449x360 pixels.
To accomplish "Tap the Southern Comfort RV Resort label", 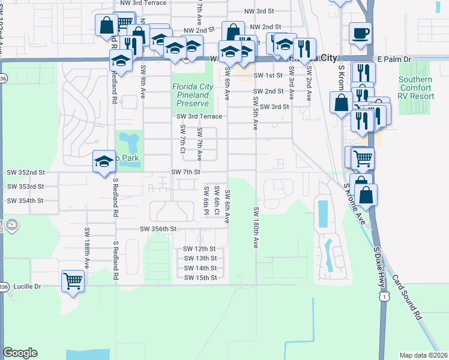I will tap(415, 88).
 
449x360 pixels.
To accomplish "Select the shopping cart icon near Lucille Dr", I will tap(73, 280).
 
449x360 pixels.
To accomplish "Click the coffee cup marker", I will tap(360, 34).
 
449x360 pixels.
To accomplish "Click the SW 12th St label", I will tap(199, 248).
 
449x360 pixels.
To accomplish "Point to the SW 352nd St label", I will tap(25, 172).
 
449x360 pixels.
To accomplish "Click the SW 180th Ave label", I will tap(256, 228).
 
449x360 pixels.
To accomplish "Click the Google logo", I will tap(20, 353).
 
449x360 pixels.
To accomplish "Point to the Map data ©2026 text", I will tap(423, 355).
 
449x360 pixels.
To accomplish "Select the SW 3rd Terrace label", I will tap(199, 116).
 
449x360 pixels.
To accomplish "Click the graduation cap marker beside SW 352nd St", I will tap(103, 162).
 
